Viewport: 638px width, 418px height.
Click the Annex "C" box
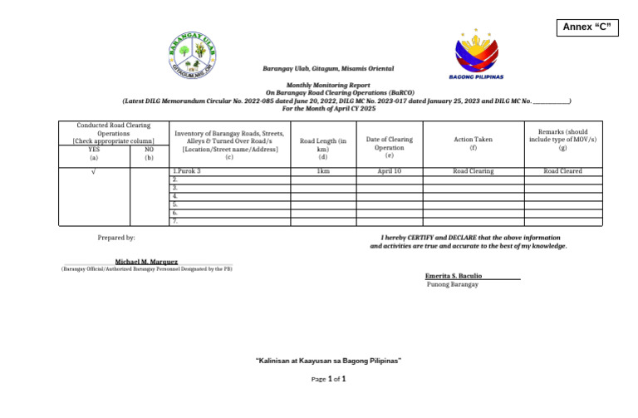[x=589, y=27]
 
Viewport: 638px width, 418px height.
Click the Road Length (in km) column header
[x=323, y=145]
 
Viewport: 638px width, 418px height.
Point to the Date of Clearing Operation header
[x=389, y=144]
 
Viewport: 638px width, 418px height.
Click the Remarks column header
[x=562, y=140]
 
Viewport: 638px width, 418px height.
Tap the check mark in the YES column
[x=93, y=171]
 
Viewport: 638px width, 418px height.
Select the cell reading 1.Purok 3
[x=187, y=171]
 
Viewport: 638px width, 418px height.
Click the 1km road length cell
[x=322, y=171]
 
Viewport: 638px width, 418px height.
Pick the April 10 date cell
[x=389, y=171]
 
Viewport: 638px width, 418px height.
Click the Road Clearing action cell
[x=473, y=171]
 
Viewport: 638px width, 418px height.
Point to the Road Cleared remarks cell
[x=562, y=171]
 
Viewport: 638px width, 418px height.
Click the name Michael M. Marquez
[x=146, y=262]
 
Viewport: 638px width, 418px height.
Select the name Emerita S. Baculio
[x=454, y=275]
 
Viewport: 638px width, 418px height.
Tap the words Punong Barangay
[x=452, y=284]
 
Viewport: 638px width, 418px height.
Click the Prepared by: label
[x=116, y=238]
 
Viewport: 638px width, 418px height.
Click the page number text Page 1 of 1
[x=328, y=379]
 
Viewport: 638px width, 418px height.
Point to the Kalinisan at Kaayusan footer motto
[x=328, y=361]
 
